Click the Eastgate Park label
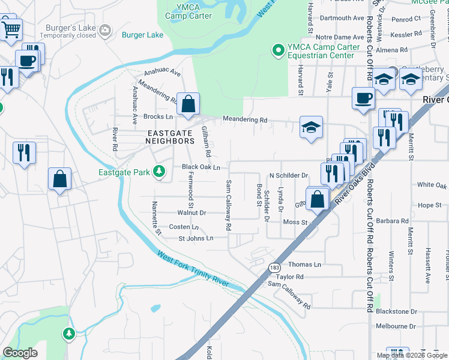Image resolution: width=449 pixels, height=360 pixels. [x=124, y=173]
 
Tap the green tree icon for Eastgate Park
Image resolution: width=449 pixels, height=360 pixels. [x=159, y=173]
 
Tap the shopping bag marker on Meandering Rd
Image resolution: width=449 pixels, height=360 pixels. [x=188, y=104]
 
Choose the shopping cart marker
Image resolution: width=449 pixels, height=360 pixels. [x=11, y=29]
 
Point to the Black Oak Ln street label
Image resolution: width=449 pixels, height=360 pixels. [x=201, y=167]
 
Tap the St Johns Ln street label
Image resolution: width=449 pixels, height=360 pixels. [x=196, y=238]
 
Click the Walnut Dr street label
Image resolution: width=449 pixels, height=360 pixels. [x=191, y=212]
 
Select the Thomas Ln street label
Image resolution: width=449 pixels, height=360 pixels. [x=305, y=265]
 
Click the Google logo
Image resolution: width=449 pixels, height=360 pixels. [x=20, y=353]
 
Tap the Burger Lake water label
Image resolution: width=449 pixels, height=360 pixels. [x=143, y=35]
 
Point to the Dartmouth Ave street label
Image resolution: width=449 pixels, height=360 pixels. [x=342, y=18]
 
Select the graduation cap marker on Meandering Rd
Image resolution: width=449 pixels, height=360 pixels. [x=311, y=127]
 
